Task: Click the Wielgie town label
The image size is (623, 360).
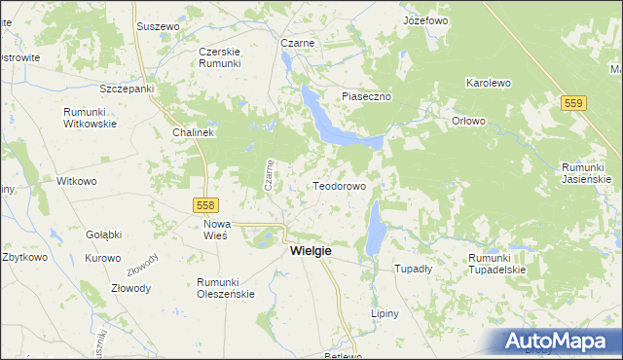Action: [311, 251]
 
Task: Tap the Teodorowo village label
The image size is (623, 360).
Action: [339, 185]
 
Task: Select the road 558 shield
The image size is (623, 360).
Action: [205, 205]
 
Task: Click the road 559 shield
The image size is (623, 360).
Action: [575, 102]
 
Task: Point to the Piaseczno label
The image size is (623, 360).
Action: [366, 96]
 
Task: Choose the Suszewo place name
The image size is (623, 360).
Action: [157, 26]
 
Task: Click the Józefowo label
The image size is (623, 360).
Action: [424, 19]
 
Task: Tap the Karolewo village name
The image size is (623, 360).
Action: [489, 84]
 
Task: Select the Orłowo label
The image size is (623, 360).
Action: [468, 121]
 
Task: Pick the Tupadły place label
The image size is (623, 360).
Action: [412, 269]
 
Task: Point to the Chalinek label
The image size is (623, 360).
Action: [193, 131]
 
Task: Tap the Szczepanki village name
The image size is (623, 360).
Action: [128, 88]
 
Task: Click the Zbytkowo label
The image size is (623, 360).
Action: [24, 258]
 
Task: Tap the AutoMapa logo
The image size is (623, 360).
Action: [560, 342]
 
